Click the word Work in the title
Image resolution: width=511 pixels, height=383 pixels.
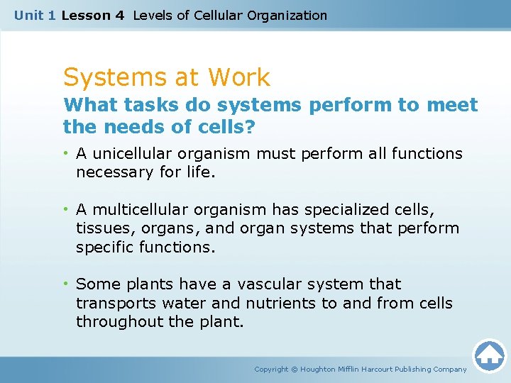coord(237,77)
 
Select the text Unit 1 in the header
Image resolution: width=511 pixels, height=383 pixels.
coord(35,15)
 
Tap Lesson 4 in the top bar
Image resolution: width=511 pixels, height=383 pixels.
coord(93,15)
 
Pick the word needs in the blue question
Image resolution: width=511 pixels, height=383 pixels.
coord(128,128)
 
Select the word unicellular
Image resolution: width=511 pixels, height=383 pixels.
coord(133,154)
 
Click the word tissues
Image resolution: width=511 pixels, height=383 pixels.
coord(100,228)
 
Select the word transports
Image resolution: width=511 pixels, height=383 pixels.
coord(113,304)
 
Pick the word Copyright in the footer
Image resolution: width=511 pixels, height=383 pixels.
coord(271,369)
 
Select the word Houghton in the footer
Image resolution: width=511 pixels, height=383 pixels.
coord(324,369)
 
